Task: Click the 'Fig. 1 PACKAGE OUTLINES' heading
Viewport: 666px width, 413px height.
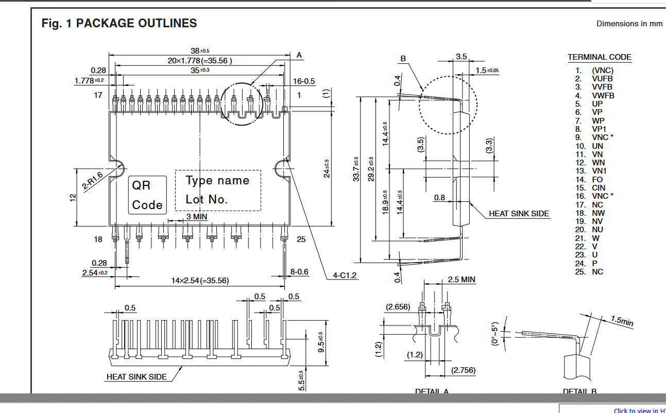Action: tap(119, 23)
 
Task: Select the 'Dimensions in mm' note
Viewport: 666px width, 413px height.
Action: tap(629, 24)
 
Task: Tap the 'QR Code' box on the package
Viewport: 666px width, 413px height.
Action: tap(147, 195)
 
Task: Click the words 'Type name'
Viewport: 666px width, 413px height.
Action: tap(217, 181)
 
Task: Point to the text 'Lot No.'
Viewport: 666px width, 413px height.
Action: tap(207, 199)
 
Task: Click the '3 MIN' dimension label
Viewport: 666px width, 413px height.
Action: tap(197, 217)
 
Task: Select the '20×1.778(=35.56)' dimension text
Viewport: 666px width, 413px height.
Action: tap(200, 61)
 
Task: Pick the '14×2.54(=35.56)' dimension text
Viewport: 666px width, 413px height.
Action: tap(200, 281)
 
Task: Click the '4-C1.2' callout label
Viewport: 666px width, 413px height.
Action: tap(345, 276)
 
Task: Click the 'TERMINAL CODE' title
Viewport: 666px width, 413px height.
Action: tap(599, 57)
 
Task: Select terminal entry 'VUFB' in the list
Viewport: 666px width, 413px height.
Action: tap(602, 79)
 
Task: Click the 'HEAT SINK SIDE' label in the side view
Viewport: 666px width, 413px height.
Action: tap(519, 214)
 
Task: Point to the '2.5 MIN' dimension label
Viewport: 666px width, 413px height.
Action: tap(462, 280)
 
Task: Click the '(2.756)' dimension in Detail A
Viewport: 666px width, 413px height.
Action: tap(463, 370)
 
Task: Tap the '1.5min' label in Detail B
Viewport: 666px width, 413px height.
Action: tap(622, 321)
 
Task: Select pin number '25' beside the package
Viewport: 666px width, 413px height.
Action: tap(301, 239)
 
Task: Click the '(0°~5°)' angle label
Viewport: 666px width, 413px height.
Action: tap(495, 334)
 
